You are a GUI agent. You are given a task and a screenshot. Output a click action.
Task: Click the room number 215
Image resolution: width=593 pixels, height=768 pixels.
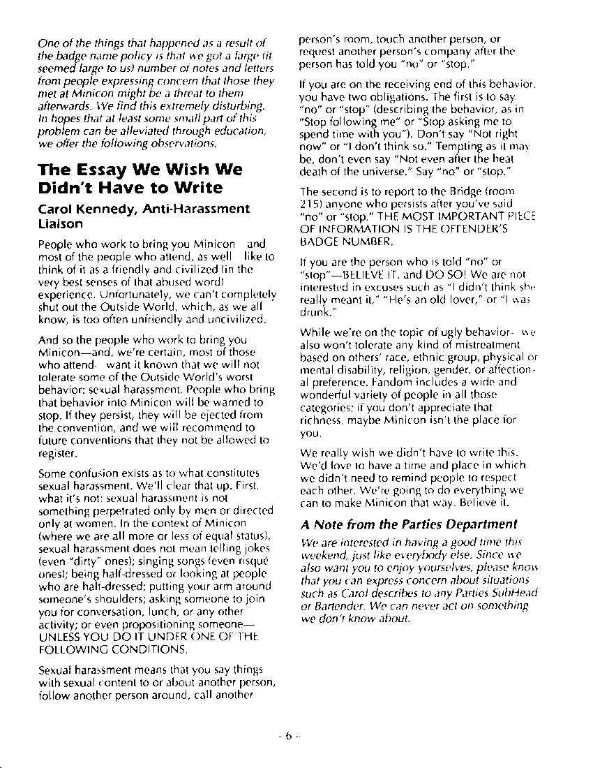point(308,203)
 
